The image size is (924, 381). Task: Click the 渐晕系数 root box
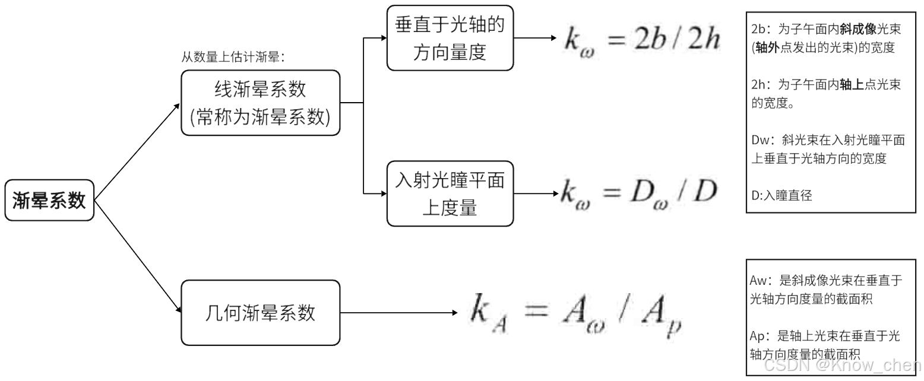tap(49, 201)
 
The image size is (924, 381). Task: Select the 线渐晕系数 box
tap(260, 103)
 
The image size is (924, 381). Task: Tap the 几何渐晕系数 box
tap(260, 313)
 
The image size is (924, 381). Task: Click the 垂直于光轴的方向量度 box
tap(450, 38)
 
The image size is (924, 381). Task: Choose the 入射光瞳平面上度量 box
tap(450, 193)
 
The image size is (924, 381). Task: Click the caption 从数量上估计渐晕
tap(233, 58)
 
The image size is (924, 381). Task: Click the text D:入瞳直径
tap(781, 195)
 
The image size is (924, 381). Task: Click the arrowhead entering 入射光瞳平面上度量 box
tap(382, 193)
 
